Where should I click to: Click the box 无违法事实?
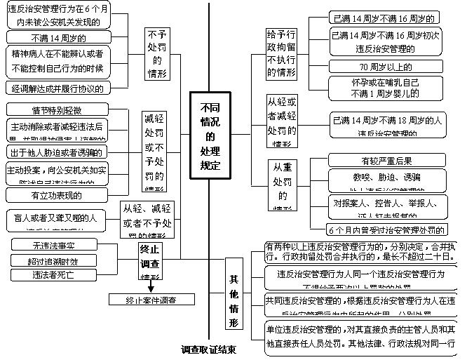(x=53, y=245)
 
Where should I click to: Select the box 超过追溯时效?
(x=53, y=260)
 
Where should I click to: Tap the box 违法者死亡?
(x=53, y=275)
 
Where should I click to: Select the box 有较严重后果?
(x=387, y=159)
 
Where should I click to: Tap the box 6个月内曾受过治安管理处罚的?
(x=387, y=229)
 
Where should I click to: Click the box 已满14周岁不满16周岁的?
(x=387, y=18)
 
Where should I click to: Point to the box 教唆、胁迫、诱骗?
(x=387, y=177)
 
